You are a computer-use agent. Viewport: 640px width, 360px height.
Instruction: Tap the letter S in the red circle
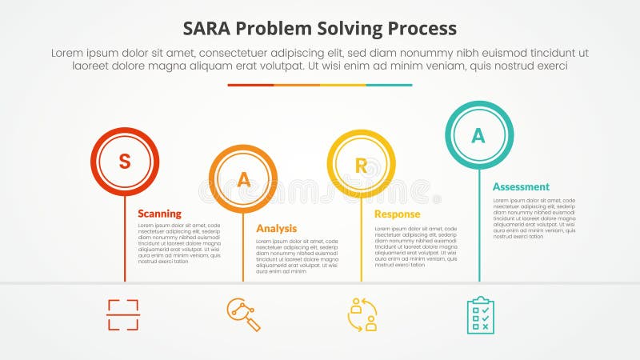tap(125, 162)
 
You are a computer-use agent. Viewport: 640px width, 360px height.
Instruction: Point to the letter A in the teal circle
tap(478, 135)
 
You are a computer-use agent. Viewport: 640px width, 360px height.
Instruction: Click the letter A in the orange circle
tap(243, 180)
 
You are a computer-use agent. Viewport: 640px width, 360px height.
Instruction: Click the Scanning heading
tap(159, 214)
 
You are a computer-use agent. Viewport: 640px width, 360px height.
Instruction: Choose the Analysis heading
tap(276, 228)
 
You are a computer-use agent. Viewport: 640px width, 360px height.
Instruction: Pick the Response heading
tap(397, 214)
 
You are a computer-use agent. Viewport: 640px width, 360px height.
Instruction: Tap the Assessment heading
tap(521, 186)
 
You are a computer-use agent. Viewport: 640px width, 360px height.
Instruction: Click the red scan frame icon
tap(123, 314)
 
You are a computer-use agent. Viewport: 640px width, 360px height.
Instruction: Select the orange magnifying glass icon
tap(243, 314)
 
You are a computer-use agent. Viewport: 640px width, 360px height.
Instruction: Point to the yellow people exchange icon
tap(362, 314)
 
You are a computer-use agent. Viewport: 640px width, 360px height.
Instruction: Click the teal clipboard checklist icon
tap(480, 314)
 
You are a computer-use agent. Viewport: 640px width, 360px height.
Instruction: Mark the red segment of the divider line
tap(250, 85)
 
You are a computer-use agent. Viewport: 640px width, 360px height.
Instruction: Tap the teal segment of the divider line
tap(390, 85)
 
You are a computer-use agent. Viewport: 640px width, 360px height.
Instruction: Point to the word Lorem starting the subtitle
tap(69, 52)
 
